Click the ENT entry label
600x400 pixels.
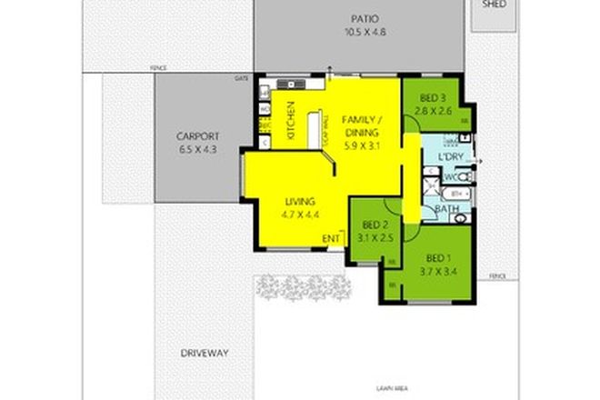(x=331, y=238)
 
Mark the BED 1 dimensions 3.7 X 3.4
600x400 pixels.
(x=435, y=270)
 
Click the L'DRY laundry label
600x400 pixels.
(x=452, y=158)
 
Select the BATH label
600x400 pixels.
(x=445, y=211)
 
